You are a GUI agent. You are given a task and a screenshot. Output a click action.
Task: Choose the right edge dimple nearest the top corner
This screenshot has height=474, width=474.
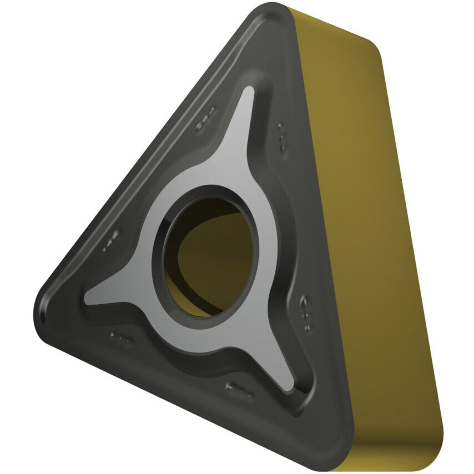click(282, 138)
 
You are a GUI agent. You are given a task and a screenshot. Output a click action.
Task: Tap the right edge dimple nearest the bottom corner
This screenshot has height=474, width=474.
click(306, 306)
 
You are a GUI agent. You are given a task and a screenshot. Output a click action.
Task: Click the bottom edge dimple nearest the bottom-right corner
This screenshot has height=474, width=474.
click(239, 389)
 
